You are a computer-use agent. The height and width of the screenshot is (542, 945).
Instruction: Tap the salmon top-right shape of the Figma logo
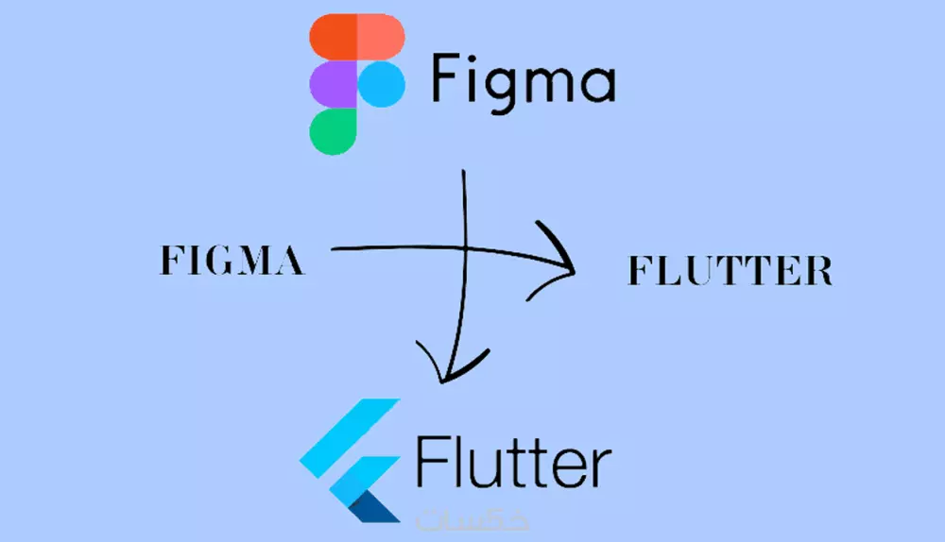click(381, 39)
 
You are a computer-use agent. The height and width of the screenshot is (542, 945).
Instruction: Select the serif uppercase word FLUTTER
click(730, 271)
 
